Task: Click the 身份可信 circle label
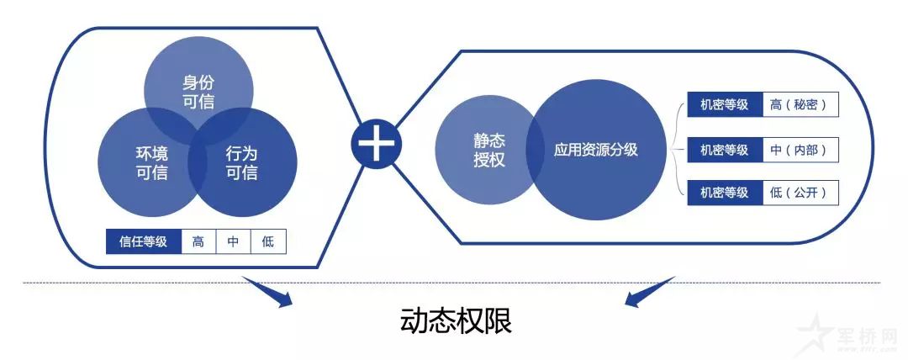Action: coord(198,93)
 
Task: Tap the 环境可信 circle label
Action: coord(151,163)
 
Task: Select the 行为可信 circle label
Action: coord(241,163)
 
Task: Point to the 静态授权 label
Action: coord(489,151)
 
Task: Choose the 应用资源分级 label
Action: coord(595,151)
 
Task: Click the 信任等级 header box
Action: coord(144,241)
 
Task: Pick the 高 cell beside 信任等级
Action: coord(198,241)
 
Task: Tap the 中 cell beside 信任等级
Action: coord(234,241)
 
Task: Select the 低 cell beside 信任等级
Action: coord(268,241)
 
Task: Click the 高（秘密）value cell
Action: coord(800,104)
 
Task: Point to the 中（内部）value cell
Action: coord(800,151)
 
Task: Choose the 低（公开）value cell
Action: coord(800,193)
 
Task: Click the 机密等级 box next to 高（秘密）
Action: coord(725,104)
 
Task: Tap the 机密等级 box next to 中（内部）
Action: coord(725,151)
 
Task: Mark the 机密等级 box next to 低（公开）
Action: coord(725,193)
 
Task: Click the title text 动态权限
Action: coord(456,322)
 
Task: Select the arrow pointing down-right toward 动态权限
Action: coord(267,292)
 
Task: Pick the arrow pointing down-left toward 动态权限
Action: coord(650,292)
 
